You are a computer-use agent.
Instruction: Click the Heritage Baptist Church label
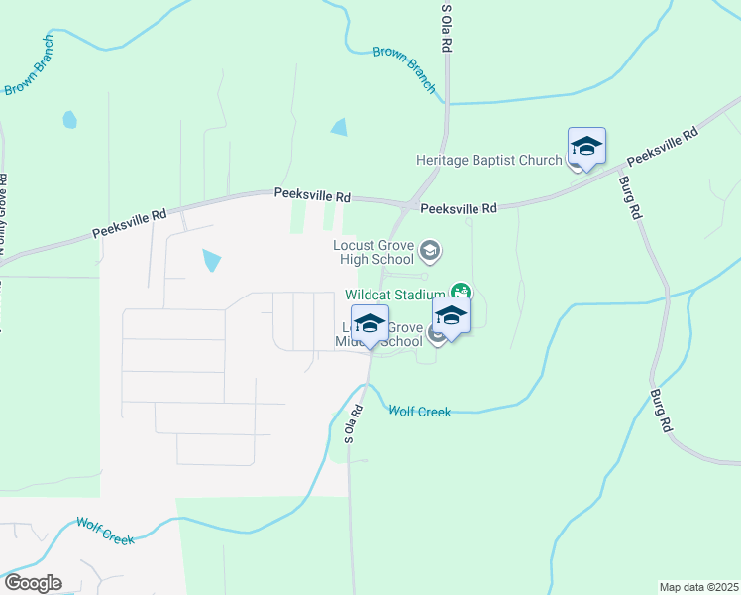(x=488, y=161)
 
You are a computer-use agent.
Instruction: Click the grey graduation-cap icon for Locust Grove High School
(x=429, y=248)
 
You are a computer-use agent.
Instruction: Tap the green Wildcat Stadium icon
(x=460, y=292)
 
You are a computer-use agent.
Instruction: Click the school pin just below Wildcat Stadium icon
(x=450, y=318)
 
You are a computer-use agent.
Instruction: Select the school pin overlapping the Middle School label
(x=370, y=325)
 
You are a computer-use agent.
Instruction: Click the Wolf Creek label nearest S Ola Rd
(x=419, y=411)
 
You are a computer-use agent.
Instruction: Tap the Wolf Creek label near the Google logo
(x=105, y=531)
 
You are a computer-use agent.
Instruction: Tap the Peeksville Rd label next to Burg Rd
(x=663, y=146)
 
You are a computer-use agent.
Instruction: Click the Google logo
(x=33, y=583)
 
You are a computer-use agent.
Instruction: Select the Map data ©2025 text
(x=698, y=587)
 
